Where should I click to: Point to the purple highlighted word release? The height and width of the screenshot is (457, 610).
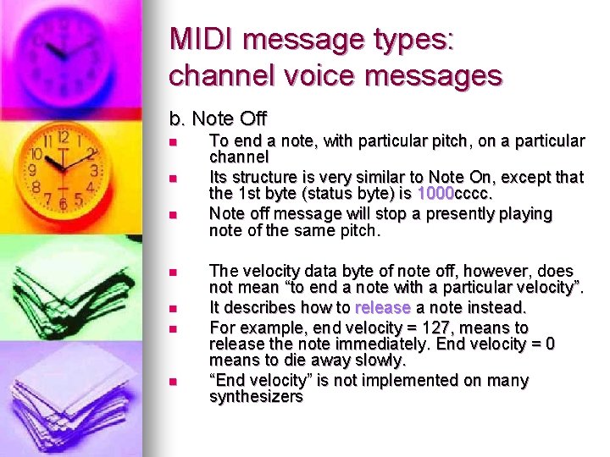click(x=383, y=307)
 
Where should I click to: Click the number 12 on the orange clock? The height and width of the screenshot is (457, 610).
click(x=62, y=138)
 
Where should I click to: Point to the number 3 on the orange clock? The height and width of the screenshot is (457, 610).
click(x=95, y=169)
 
